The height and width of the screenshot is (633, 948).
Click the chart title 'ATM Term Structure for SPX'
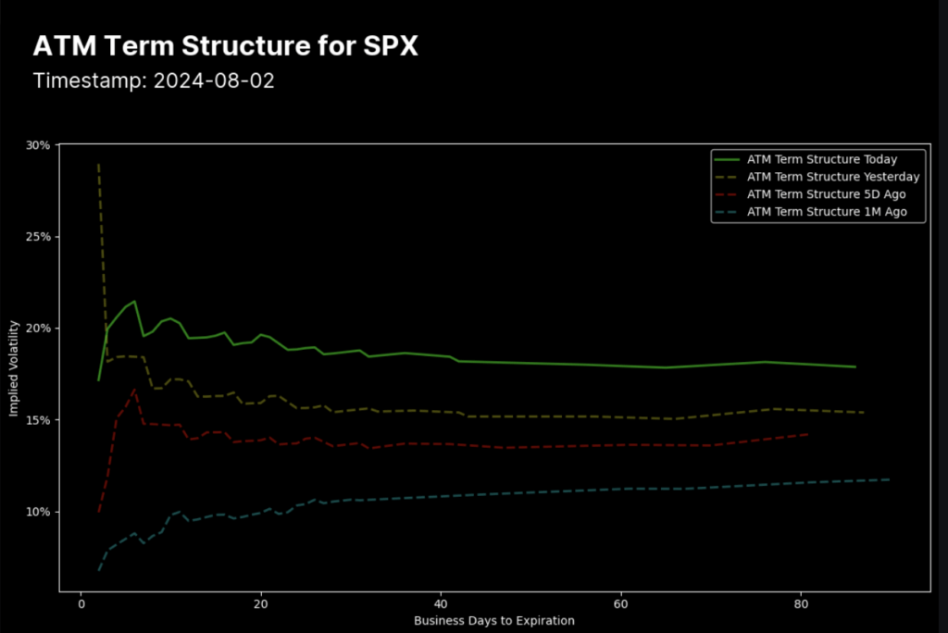pyautogui.click(x=225, y=46)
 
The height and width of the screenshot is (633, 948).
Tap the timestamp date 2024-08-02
pyautogui.click(x=214, y=81)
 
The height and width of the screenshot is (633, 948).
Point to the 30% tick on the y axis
pyautogui.click(x=40, y=145)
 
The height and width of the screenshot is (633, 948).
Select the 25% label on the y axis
pyautogui.click(x=40, y=237)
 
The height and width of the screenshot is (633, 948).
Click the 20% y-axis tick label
pyautogui.click(x=40, y=329)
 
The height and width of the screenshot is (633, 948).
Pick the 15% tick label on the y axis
pyautogui.click(x=40, y=420)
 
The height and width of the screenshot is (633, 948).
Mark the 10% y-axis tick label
pyautogui.click(x=40, y=512)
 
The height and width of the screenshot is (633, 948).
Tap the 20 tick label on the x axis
pyautogui.click(x=261, y=603)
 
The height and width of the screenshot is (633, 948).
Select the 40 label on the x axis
pyautogui.click(x=442, y=603)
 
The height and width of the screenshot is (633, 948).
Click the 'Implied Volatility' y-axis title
pyautogui.click(x=15, y=368)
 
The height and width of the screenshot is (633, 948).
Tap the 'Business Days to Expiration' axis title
pyautogui.click(x=493, y=620)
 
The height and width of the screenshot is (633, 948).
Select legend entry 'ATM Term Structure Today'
pyautogui.click(x=821, y=159)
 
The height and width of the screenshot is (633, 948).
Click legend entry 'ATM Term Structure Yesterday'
pyautogui.click(x=832, y=177)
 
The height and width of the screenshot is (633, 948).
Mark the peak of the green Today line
pyautogui.click(x=135, y=301)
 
